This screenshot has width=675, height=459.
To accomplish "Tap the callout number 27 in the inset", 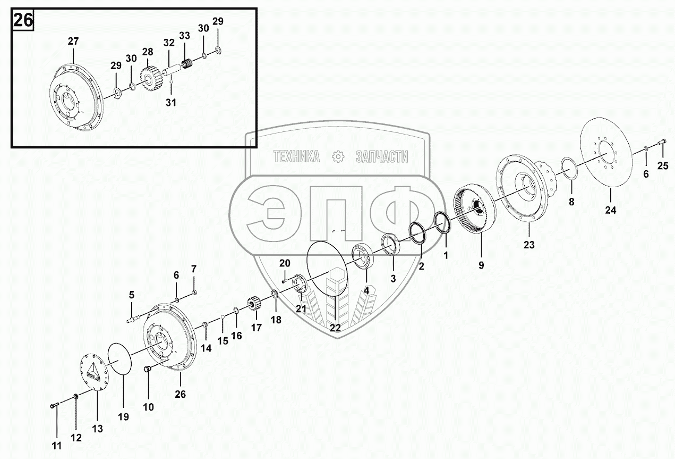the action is click(x=73, y=40).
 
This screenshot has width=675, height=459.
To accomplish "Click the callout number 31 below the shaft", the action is click(x=170, y=103).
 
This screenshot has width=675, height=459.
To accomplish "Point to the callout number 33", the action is click(x=184, y=36).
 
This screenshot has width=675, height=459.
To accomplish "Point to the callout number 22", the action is click(x=335, y=328).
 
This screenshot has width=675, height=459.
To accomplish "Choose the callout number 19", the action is click(x=123, y=417).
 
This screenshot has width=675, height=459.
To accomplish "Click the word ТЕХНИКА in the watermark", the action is click(x=296, y=156).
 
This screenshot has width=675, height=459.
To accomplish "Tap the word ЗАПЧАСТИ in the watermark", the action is click(x=381, y=156).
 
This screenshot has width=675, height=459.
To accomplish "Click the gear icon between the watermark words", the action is click(x=337, y=156).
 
